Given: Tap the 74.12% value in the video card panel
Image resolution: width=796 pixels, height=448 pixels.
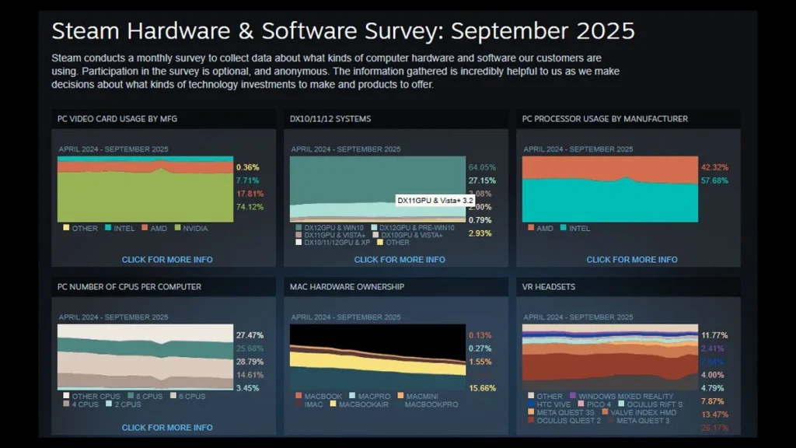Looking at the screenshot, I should click(249, 206).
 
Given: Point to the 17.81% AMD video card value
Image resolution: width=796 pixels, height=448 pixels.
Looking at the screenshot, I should click(249, 193).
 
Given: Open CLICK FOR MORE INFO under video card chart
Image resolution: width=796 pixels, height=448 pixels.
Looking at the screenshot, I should click(167, 260).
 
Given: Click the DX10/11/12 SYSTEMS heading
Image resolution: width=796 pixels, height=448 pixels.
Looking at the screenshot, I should click(330, 119).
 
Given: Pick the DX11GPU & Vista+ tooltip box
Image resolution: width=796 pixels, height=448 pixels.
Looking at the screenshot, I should click(435, 201).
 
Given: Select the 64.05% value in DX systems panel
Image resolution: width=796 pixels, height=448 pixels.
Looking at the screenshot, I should click(482, 167).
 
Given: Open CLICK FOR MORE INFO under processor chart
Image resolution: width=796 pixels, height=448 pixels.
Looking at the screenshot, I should click(632, 260).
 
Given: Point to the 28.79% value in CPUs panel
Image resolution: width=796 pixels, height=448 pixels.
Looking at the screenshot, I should click(249, 362).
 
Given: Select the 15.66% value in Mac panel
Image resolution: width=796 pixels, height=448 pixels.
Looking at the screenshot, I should click(482, 387).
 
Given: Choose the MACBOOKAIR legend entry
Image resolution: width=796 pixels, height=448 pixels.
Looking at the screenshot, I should click(362, 404).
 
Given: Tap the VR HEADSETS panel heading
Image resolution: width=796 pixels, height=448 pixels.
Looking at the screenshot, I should click(549, 287).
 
